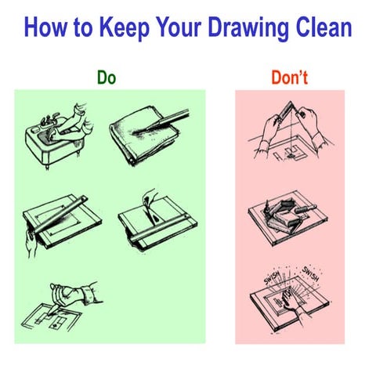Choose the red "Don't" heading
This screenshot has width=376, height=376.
click(x=288, y=78)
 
